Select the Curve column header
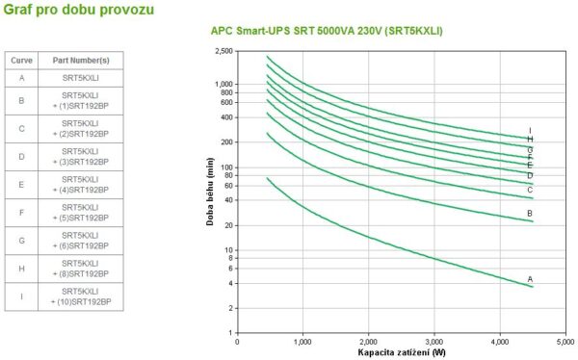[21, 60]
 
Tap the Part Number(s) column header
[79, 60]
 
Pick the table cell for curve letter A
[21, 77]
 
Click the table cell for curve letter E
[21, 183]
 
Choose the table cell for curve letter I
[21, 296]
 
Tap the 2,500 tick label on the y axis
[223, 50]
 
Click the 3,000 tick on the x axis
[433, 342]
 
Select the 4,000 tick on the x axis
[499, 342]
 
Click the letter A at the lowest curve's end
[530, 279]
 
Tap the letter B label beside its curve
[530, 214]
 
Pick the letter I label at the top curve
[530, 131]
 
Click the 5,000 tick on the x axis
[565, 342]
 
